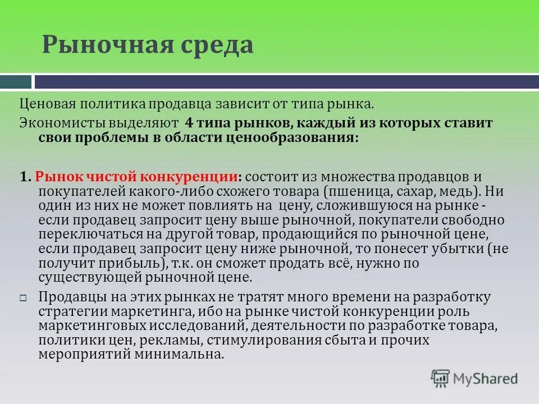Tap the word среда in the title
pyautogui.click(x=213, y=45)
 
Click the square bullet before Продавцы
pyautogui.click(x=24, y=298)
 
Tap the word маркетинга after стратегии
pyautogui.click(x=143, y=311)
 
